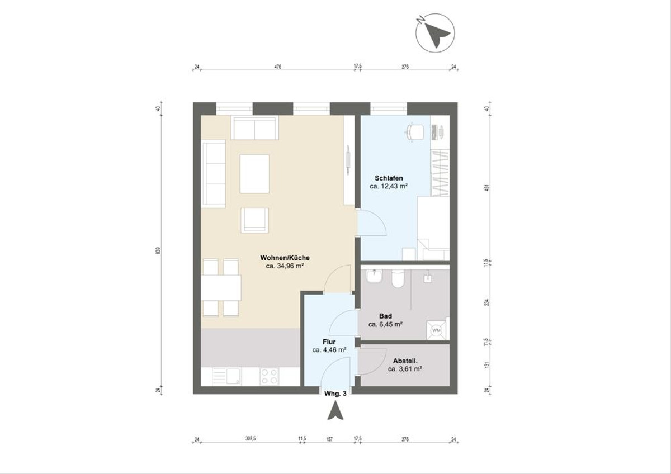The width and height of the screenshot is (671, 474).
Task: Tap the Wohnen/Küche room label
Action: (x=285, y=258)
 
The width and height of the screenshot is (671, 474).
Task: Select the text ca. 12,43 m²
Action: (x=388, y=187)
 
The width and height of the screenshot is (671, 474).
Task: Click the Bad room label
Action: (x=385, y=316)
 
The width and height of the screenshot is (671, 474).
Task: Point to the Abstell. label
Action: (x=404, y=361)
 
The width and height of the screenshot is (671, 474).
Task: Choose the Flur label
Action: (x=329, y=342)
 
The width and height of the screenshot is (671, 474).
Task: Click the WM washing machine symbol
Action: (x=436, y=330)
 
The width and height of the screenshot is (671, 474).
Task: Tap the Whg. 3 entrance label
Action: (x=335, y=394)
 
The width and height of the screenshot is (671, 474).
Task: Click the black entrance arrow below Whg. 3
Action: (x=335, y=411)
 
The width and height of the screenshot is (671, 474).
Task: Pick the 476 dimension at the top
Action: (x=278, y=67)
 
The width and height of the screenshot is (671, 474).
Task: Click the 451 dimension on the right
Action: (x=487, y=188)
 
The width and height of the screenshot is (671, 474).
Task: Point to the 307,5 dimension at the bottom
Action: (x=250, y=439)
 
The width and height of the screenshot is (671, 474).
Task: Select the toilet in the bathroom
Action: (x=398, y=279)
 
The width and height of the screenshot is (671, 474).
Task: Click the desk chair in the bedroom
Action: (x=414, y=131)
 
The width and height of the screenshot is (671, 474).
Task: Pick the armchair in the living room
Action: (x=254, y=220)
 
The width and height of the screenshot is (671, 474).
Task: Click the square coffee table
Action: (x=254, y=173)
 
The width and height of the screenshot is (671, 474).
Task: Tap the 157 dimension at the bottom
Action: (x=329, y=439)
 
